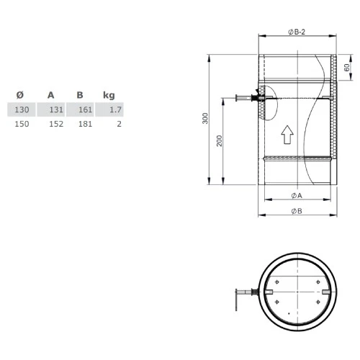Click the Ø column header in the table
pos(20,95)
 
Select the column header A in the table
pos(51,95)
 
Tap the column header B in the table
pos(79,95)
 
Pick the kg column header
pos(109,95)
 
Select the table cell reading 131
pos(55,109)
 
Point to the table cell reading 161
pos(85,109)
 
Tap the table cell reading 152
pos(55,124)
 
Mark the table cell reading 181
pos(85,124)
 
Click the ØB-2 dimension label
pos(296,31)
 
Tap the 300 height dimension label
pos(204,120)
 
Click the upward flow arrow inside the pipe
pos(287,133)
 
